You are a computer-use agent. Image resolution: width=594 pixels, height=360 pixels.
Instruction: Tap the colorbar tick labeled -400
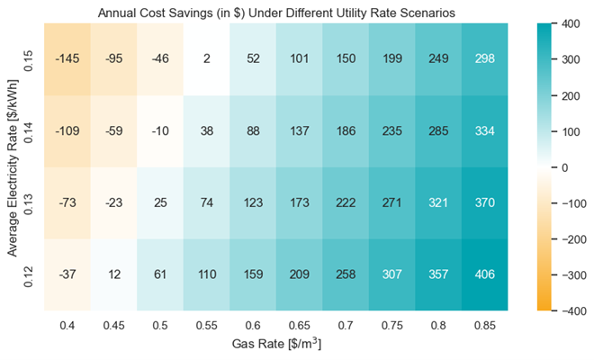[567, 310]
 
